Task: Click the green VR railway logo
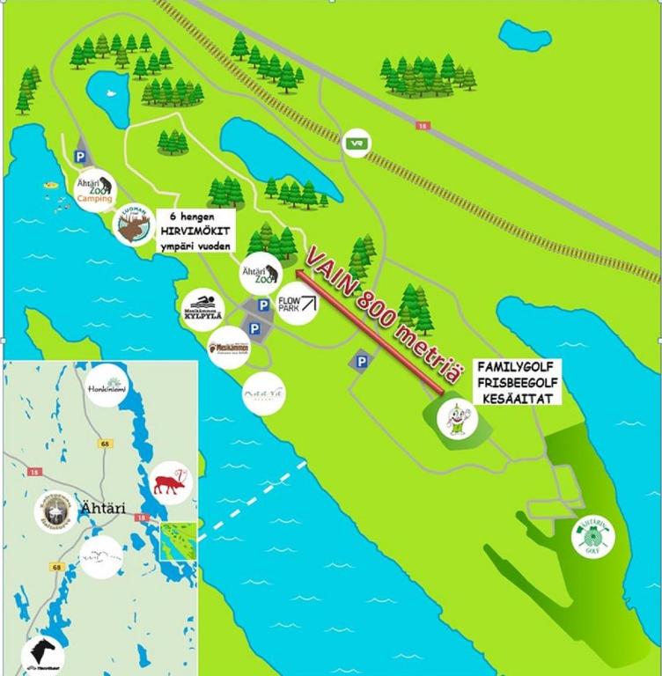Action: point(357,143)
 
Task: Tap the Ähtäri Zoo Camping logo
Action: point(94,190)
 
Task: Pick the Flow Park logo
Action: point(297,305)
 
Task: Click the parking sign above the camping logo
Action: point(81,155)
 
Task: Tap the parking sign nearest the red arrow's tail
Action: point(361,360)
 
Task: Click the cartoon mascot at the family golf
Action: point(457,417)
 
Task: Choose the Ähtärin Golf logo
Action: point(593,537)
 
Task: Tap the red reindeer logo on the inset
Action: point(169,482)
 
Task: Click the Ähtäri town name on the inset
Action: point(102,509)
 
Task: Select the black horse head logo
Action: point(41,653)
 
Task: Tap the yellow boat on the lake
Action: point(51,186)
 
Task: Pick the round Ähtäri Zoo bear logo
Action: point(261,275)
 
